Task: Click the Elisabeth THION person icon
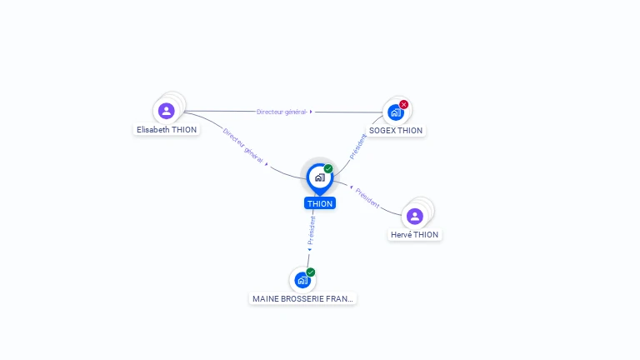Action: point(167,110)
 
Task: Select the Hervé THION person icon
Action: point(415,216)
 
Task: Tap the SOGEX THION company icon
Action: point(395,112)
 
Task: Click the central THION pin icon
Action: point(319,177)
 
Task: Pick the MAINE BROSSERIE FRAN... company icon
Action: point(302,280)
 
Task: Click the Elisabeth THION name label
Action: point(167,130)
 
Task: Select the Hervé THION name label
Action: point(414,235)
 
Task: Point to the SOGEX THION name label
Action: point(396,131)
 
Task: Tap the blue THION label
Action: point(320,203)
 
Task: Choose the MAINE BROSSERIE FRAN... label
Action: point(302,298)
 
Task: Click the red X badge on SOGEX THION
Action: point(404,104)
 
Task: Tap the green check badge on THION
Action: point(328,168)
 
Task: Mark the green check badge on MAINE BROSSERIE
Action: point(311,272)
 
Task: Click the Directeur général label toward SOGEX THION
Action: point(281,112)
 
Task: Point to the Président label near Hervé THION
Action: point(367,197)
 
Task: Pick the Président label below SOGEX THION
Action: point(357,145)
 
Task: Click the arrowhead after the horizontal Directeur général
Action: point(311,112)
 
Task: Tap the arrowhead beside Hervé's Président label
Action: point(351,187)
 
